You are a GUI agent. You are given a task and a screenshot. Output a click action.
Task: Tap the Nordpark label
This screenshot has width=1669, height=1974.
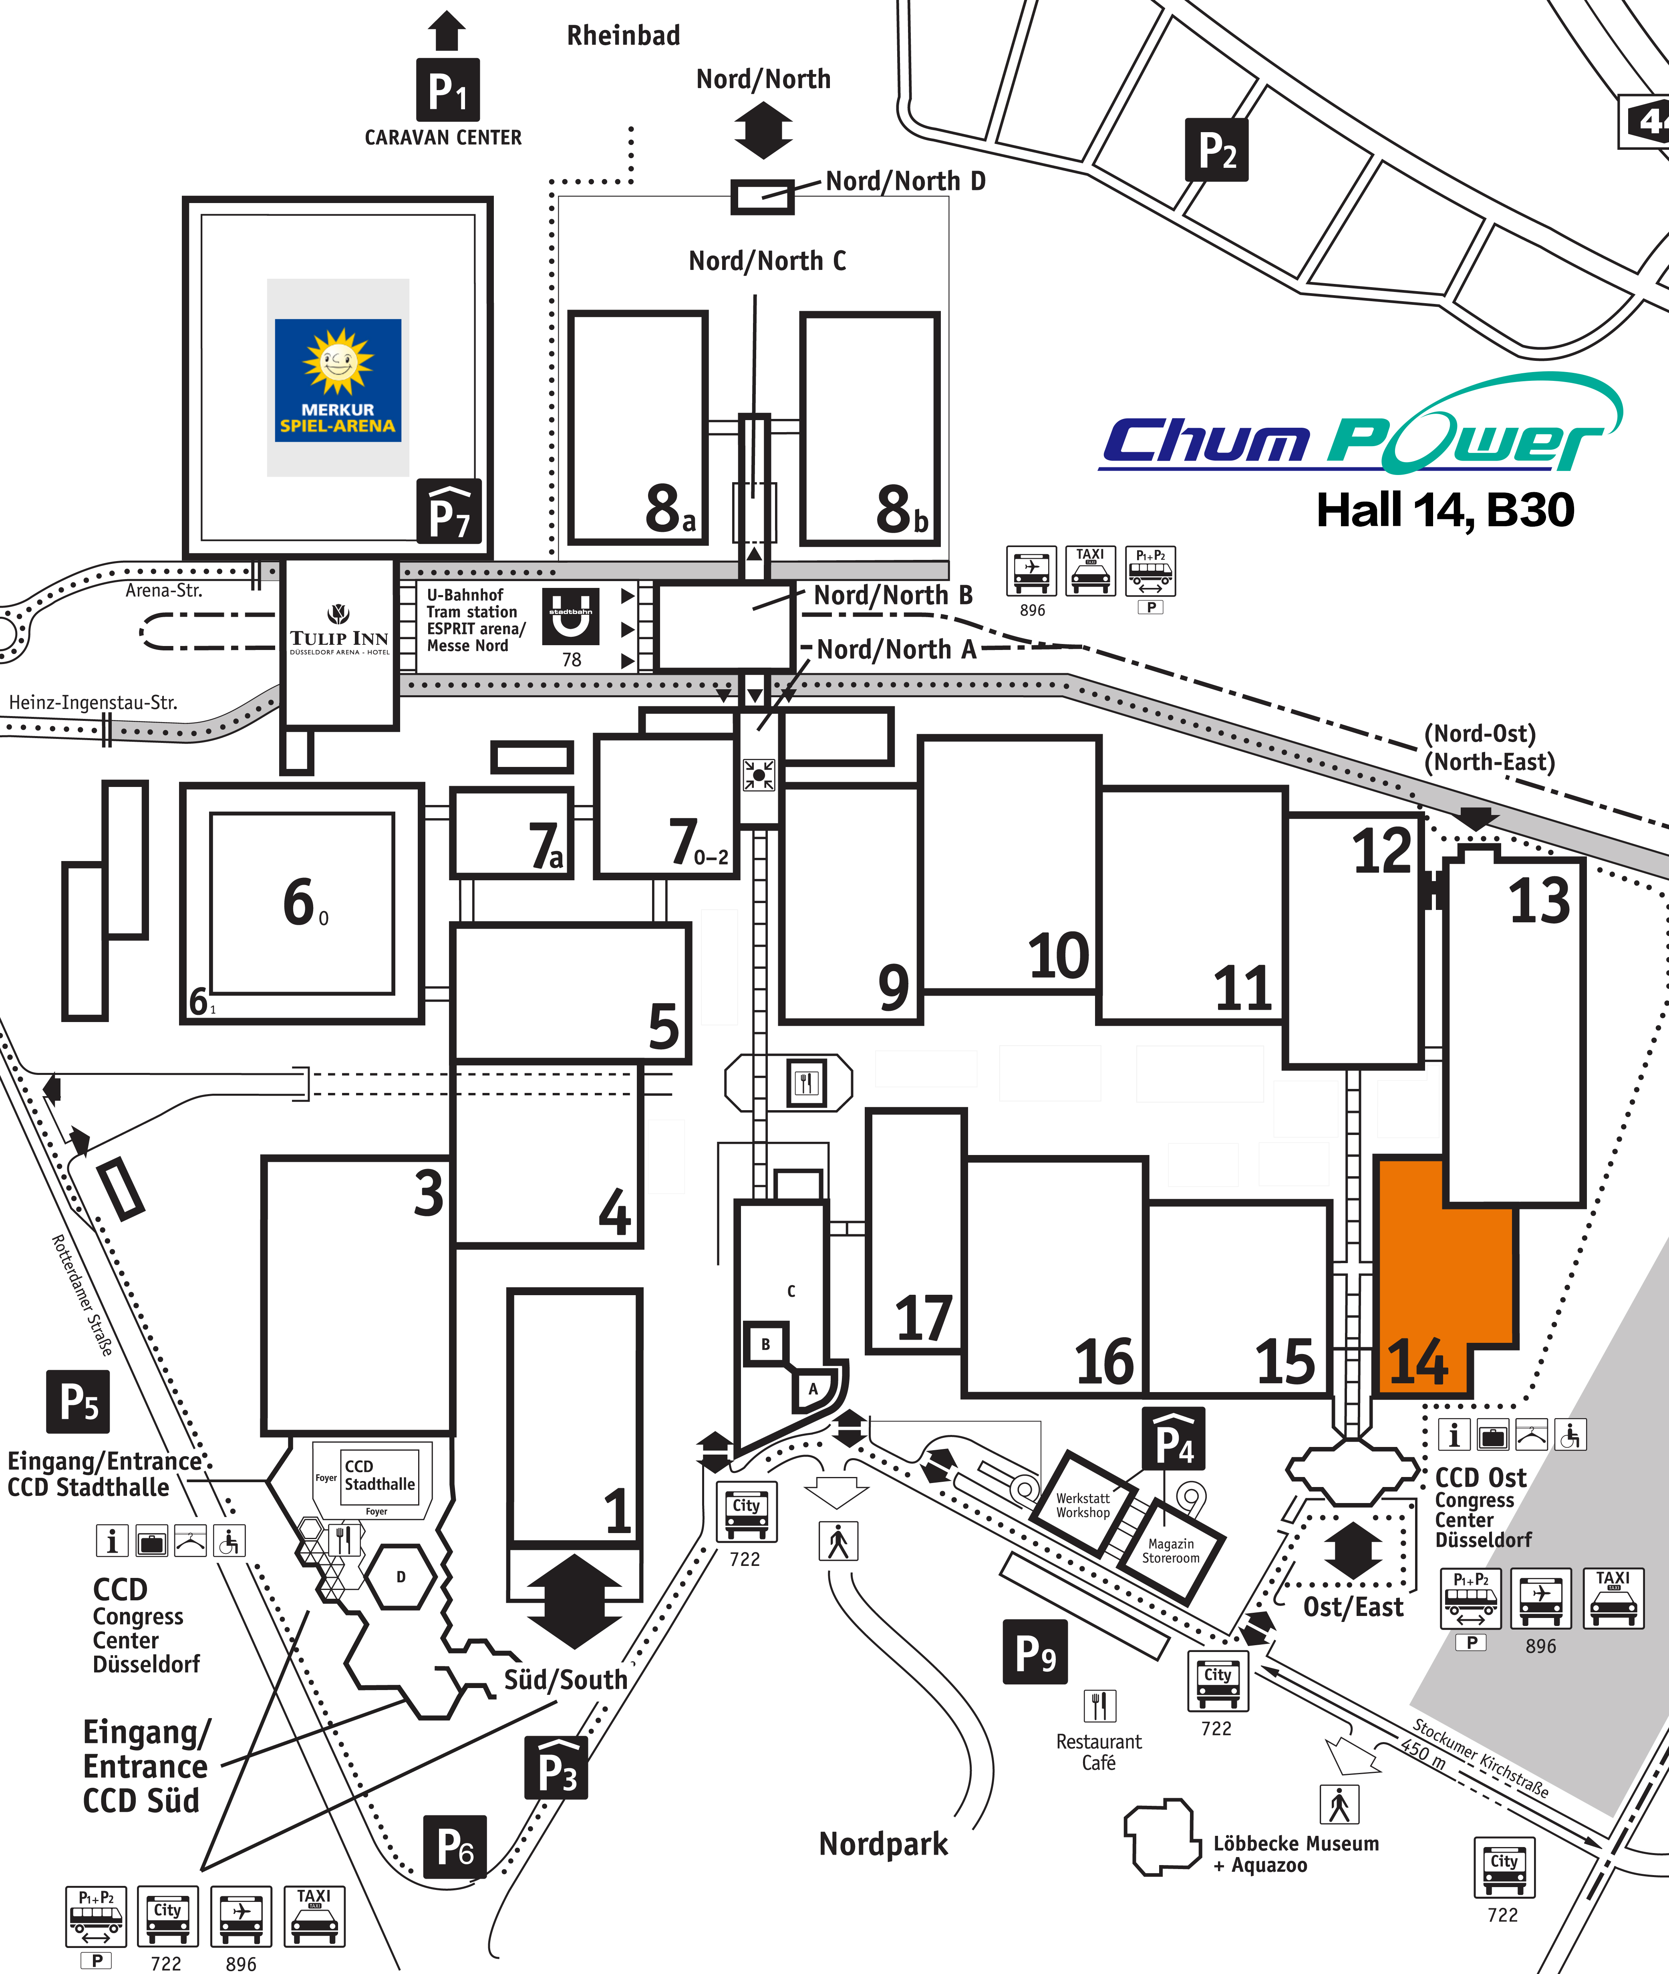pyautogui.click(x=883, y=1843)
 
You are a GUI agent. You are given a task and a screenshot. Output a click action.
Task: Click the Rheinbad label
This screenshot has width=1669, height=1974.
pyautogui.click(x=624, y=36)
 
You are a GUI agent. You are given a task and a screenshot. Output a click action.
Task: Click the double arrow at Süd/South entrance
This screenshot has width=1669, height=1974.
pyautogui.click(x=574, y=1600)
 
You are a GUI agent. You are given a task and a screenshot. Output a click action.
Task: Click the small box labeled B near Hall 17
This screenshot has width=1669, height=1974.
pyautogui.click(x=765, y=1344)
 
